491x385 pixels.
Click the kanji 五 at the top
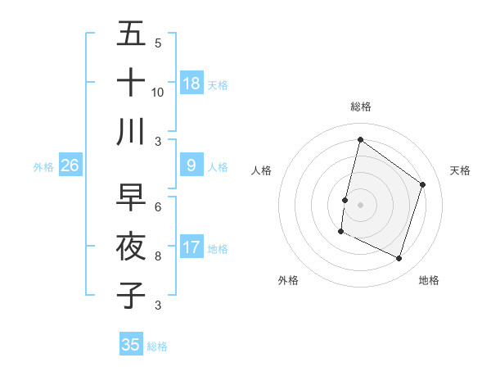point(131,34)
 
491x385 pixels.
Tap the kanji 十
point(131,83)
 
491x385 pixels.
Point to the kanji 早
point(131,197)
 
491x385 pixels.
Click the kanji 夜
point(131,246)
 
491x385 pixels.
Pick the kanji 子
point(131,295)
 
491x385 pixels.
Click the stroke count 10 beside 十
point(158,92)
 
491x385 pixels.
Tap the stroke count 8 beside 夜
point(158,256)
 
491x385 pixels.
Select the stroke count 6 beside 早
point(158,207)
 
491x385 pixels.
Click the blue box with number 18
point(191,83)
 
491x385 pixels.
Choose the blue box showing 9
point(191,165)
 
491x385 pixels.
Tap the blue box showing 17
point(191,247)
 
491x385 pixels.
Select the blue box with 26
point(70,165)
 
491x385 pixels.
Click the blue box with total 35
point(131,345)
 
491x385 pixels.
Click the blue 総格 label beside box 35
point(157,346)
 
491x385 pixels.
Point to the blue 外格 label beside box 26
point(43,167)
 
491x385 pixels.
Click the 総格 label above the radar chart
point(360,106)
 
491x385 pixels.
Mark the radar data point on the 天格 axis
point(423,184)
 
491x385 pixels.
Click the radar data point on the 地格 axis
point(399,259)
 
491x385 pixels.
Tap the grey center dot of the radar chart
point(360,204)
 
